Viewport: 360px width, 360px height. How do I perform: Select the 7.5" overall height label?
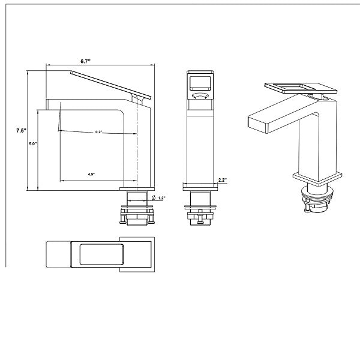point(20,130)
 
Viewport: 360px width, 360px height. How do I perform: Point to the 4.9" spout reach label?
point(91,174)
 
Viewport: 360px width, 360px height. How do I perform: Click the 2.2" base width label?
point(221,180)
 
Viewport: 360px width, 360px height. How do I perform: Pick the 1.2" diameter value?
point(163,197)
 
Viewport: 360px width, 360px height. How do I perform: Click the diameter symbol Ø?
point(154,197)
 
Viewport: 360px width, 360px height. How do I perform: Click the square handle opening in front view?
point(199,82)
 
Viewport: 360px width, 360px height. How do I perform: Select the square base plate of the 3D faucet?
point(317,178)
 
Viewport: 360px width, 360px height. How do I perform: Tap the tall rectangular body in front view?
point(199,144)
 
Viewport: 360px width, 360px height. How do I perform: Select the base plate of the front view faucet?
point(199,186)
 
